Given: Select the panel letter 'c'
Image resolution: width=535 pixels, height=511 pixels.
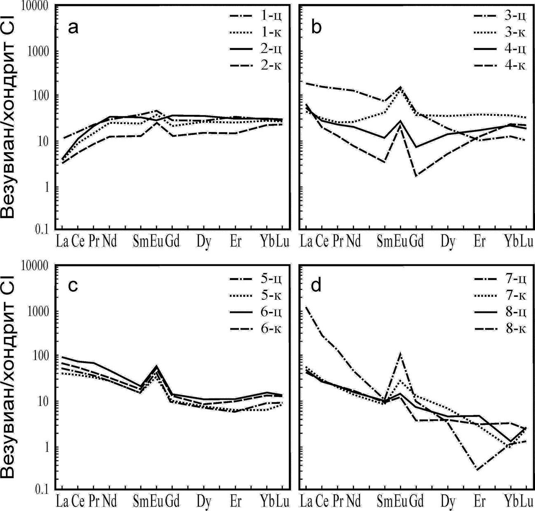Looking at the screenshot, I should click(73, 285).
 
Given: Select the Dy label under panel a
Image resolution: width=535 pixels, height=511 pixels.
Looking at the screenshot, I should click(204, 241).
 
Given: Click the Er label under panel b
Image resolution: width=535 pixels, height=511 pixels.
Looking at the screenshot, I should click(479, 241).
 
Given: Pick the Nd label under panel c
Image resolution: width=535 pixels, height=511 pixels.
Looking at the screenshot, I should click(110, 501).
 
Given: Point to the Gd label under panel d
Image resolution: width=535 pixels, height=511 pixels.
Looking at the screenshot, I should click(416, 501).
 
